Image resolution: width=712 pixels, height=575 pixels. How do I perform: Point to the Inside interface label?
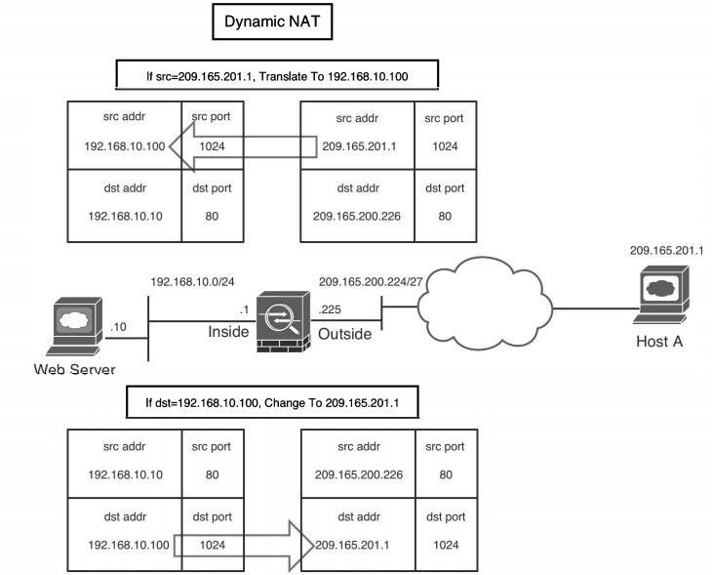229,333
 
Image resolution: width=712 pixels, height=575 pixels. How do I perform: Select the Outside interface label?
344,334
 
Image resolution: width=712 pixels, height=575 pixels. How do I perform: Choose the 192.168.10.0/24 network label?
192,281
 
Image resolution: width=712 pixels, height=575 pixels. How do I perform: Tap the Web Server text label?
75,369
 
